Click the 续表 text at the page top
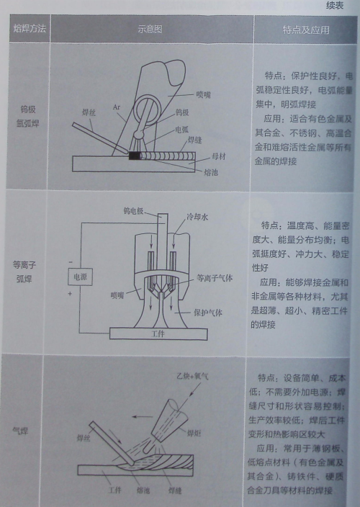pos(336,6)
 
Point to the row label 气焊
pos(27,431)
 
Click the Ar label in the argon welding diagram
pos(117,107)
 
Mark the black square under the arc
pos(135,154)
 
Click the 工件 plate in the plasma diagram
pos(158,334)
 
